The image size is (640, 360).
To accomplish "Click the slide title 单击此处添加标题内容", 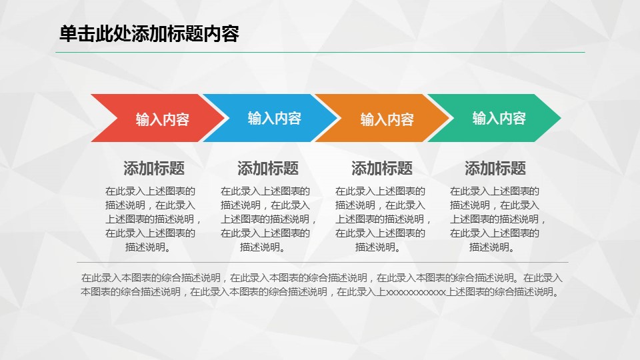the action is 149,33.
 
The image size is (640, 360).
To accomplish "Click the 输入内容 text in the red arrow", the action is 163,119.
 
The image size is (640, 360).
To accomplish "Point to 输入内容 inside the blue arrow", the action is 274,119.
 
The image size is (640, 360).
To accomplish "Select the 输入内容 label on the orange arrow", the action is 387,119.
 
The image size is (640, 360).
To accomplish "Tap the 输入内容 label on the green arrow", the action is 499,119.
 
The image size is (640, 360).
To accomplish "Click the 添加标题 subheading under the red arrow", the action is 154,168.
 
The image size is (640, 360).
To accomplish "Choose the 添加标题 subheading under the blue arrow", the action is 268,168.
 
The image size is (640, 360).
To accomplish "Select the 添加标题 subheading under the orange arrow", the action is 381,168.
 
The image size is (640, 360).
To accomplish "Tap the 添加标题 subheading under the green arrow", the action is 495,168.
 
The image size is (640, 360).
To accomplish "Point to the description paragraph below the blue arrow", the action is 268,219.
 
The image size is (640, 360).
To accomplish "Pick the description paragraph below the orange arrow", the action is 383,219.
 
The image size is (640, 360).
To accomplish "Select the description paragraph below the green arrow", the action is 497,219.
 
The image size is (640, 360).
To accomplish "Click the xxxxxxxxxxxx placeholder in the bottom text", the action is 415,292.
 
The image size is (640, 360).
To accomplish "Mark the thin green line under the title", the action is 320,52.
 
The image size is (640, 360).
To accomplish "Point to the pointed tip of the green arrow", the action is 561,118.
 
